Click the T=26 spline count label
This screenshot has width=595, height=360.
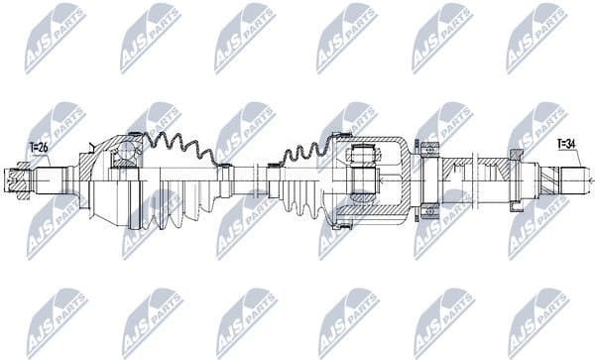pos(38,148)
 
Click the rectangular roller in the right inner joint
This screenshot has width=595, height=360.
pos(362,156)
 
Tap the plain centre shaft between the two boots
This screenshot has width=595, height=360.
pos(243,180)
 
